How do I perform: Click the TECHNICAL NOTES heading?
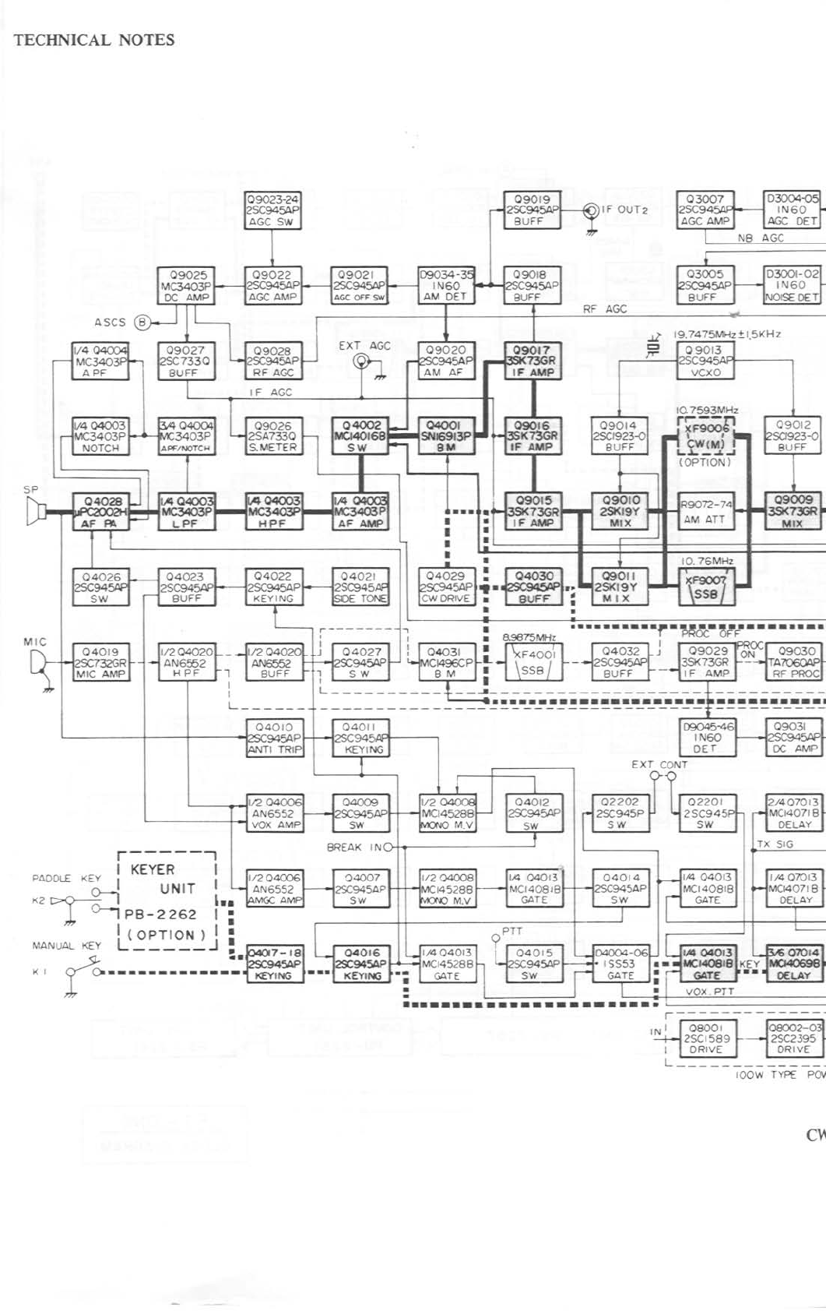point(93,41)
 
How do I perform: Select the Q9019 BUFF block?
point(533,210)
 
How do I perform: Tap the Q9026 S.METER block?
point(272,437)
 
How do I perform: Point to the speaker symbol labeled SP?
point(33,512)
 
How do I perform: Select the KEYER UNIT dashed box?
point(167,900)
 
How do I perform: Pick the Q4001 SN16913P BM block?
point(446,437)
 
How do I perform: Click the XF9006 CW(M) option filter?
point(706,436)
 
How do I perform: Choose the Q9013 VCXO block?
point(705,361)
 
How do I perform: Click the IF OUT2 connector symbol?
point(591,210)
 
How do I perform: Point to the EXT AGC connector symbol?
point(361,361)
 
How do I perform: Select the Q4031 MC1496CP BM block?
point(446,663)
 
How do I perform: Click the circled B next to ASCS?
point(142,322)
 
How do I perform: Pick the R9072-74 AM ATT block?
point(706,512)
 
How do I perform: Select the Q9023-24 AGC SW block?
point(272,210)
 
